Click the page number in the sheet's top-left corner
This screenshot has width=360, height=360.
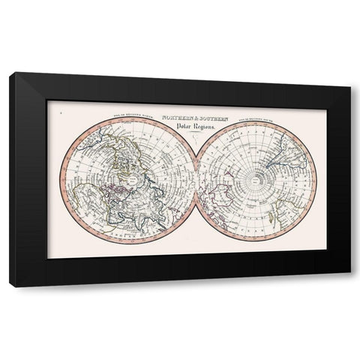(59, 112)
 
